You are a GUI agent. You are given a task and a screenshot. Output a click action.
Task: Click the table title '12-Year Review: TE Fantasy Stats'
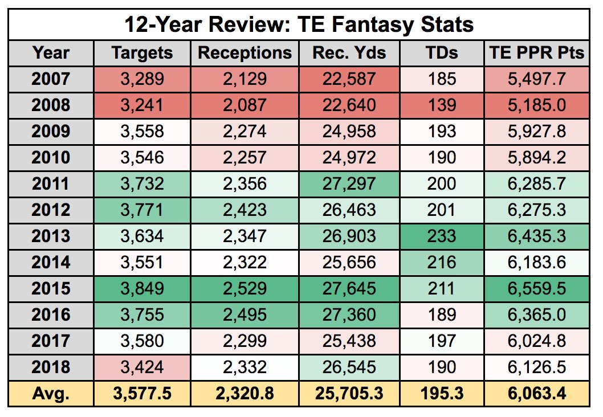(299, 24)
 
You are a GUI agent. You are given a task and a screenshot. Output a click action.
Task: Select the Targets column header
(142, 52)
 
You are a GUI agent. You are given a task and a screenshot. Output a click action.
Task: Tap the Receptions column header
(245, 52)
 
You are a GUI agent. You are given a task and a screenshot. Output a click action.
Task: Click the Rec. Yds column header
(349, 52)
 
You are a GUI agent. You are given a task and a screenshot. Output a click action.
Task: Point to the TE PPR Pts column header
(537, 52)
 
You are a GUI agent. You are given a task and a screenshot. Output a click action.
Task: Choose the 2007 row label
(51, 79)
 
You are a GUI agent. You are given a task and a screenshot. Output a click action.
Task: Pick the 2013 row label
(51, 236)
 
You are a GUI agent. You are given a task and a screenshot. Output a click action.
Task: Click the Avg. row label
(51, 394)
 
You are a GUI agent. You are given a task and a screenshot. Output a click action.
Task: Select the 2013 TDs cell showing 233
(442, 236)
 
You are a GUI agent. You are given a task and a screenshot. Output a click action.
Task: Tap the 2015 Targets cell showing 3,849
(142, 289)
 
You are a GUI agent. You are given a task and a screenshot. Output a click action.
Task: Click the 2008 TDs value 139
(442, 105)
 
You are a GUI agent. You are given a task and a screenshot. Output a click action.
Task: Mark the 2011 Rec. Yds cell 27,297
(349, 183)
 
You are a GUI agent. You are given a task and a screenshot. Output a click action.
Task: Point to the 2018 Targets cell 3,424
(142, 367)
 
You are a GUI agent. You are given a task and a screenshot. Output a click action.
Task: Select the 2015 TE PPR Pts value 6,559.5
(537, 289)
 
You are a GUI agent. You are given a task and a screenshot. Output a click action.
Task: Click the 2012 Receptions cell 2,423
(245, 210)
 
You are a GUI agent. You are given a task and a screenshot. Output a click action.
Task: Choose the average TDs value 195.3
(442, 394)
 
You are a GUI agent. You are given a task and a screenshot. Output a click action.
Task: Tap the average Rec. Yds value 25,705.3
(349, 394)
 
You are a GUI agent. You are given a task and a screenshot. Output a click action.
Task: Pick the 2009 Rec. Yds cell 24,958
(349, 132)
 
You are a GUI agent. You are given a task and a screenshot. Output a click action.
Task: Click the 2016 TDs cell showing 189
(442, 315)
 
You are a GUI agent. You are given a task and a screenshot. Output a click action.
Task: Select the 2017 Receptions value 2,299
(245, 341)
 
